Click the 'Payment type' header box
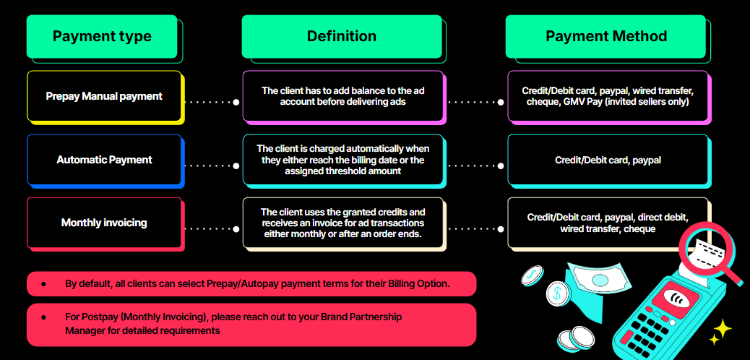point(102,36)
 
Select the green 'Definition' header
point(341,36)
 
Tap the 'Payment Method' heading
point(605,36)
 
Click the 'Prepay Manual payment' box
point(104,96)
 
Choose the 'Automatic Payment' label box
point(104,160)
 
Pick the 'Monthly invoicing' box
point(104,223)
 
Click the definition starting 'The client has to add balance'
point(343,96)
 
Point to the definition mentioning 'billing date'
point(343,160)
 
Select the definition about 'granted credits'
point(343,223)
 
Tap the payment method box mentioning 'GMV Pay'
point(607,96)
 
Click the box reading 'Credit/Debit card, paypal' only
point(607,160)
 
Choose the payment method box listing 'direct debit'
point(607,223)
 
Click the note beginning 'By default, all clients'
point(251,284)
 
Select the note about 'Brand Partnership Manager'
point(251,324)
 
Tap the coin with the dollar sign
point(558,293)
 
